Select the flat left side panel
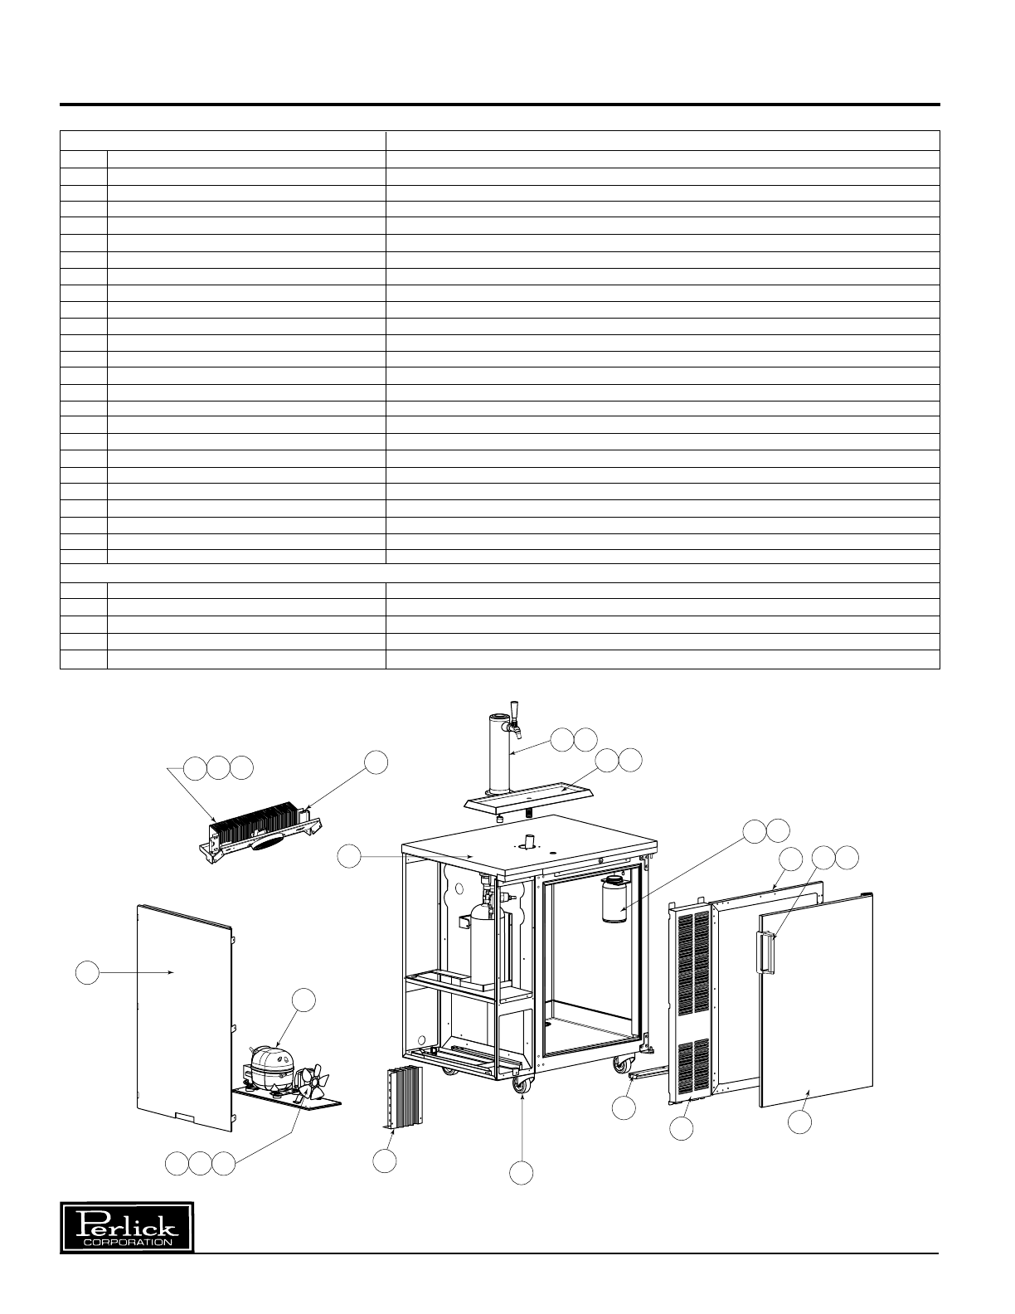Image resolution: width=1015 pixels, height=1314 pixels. (x=182, y=1017)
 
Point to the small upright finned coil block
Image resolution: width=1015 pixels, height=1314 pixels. (x=402, y=1097)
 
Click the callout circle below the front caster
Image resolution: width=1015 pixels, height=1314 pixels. (x=521, y=1171)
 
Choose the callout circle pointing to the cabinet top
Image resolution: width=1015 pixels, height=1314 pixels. (x=349, y=857)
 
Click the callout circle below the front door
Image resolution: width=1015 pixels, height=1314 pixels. (x=799, y=1122)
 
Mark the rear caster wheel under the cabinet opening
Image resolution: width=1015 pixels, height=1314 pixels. (x=621, y=1063)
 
